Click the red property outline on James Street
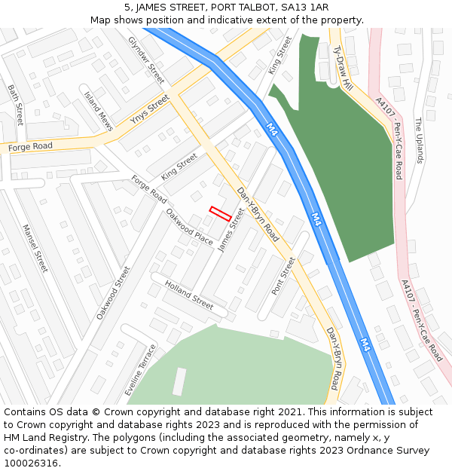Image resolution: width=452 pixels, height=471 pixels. [x=220, y=213]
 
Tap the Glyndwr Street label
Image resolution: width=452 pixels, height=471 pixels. [x=146, y=60]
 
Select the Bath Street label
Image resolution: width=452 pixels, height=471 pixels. [x=16, y=104]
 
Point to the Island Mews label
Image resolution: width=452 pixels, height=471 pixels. [x=98, y=112]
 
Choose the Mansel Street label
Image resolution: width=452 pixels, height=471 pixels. [x=35, y=248]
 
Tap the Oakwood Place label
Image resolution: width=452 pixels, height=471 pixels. [x=189, y=226]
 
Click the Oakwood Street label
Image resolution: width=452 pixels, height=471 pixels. [x=113, y=292]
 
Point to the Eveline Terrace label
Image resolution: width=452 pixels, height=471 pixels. [x=141, y=370]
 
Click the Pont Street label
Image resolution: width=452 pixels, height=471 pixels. [x=283, y=276]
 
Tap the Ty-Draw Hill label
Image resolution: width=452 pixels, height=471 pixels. [x=343, y=68]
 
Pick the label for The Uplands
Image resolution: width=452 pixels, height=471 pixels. [x=419, y=139]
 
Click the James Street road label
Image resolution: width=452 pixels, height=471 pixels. [x=232, y=230]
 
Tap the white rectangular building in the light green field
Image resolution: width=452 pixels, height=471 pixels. [x=179, y=381]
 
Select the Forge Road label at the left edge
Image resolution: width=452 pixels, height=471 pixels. [x=30, y=146]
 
